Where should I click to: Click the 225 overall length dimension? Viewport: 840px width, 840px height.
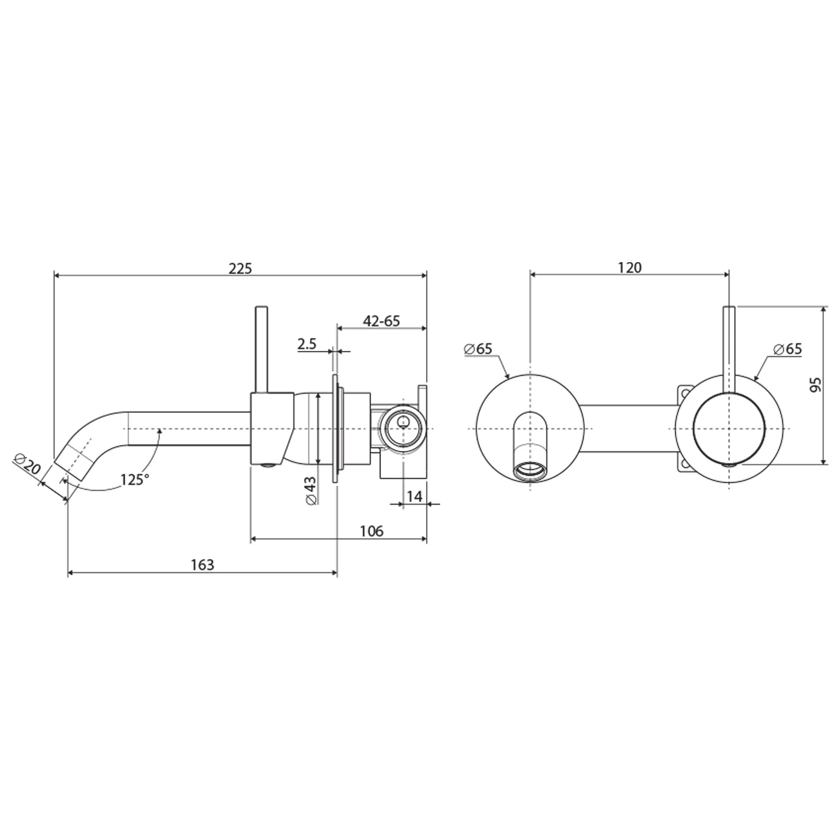point(240,268)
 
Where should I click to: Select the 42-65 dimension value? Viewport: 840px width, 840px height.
point(381,321)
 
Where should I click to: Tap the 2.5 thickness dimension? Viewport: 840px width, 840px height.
point(307,344)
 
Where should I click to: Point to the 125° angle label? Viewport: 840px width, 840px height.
point(134,479)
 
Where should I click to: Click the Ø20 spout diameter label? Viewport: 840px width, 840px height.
point(26,465)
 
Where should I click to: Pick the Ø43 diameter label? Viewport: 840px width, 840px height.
point(310,491)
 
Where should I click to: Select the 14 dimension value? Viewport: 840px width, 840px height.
point(415,496)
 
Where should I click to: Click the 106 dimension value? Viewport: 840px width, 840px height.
point(371,531)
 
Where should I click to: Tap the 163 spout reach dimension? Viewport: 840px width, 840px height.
point(202,565)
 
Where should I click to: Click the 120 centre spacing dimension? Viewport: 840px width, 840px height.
point(629,268)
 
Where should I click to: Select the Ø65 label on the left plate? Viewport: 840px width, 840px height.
point(478,349)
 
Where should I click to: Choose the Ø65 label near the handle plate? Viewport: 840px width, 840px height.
point(787,349)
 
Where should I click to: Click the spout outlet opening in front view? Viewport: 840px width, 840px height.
point(530,472)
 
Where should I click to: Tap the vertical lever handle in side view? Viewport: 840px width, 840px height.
point(261,348)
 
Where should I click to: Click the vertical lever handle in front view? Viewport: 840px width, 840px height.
point(729,348)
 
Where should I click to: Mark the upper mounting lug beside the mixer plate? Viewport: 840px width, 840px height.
point(684,393)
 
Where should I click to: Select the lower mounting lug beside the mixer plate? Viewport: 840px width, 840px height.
point(684,464)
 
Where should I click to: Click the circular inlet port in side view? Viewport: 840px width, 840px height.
point(403,427)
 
